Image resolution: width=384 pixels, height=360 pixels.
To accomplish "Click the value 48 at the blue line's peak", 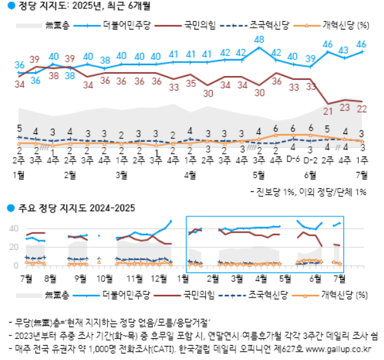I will click(259, 40).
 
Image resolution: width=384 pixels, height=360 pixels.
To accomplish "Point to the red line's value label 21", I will click(328, 111).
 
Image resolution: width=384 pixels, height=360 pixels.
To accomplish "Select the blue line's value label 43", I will click(344, 50).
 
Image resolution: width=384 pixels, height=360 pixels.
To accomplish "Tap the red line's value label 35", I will click(190, 83).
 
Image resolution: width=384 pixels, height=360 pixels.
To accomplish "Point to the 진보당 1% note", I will click(277, 191).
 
